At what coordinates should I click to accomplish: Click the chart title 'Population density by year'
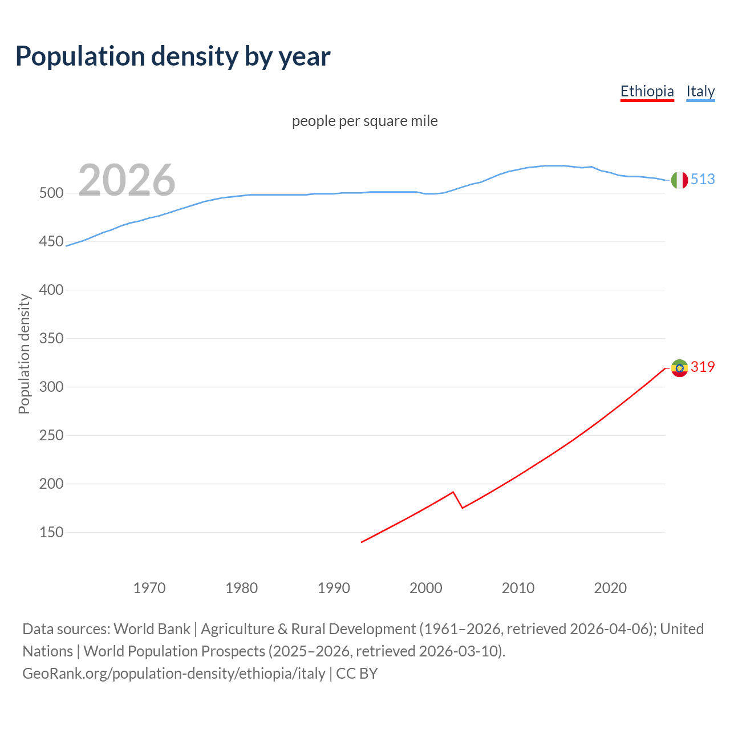pyautogui.click(x=173, y=56)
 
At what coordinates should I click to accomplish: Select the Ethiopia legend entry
pyautogui.click(x=647, y=91)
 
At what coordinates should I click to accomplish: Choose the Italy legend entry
pyautogui.click(x=700, y=91)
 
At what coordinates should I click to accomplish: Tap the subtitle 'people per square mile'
pyautogui.click(x=364, y=121)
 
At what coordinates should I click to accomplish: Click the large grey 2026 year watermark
pyautogui.click(x=127, y=180)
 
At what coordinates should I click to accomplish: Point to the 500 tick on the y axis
pyautogui.click(x=51, y=193)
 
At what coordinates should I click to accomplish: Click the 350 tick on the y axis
pyautogui.click(x=51, y=339)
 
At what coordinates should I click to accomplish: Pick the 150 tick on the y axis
pyautogui.click(x=51, y=533)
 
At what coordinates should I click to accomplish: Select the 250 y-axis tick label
pyautogui.click(x=51, y=436)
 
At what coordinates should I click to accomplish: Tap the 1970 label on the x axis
pyautogui.click(x=149, y=587)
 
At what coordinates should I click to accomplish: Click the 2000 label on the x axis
pyautogui.click(x=426, y=587)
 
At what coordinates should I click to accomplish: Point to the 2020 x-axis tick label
pyautogui.click(x=610, y=587)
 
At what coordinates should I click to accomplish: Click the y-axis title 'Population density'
pyautogui.click(x=24, y=354)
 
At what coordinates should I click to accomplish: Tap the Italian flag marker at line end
pyautogui.click(x=679, y=180)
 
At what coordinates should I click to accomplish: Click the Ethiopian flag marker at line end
pyautogui.click(x=679, y=368)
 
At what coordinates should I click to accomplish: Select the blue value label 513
pyautogui.click(x=703, y=179)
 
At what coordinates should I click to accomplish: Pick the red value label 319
pyautogui.click(x=703, y=367)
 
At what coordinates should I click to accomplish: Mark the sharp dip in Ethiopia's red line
pyautogui.click(x=462, y=507)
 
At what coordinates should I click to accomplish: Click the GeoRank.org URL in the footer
pyautogui.click(x=174, y=674)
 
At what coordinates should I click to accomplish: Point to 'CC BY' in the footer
pyautogui.click(x=357, y=674)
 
